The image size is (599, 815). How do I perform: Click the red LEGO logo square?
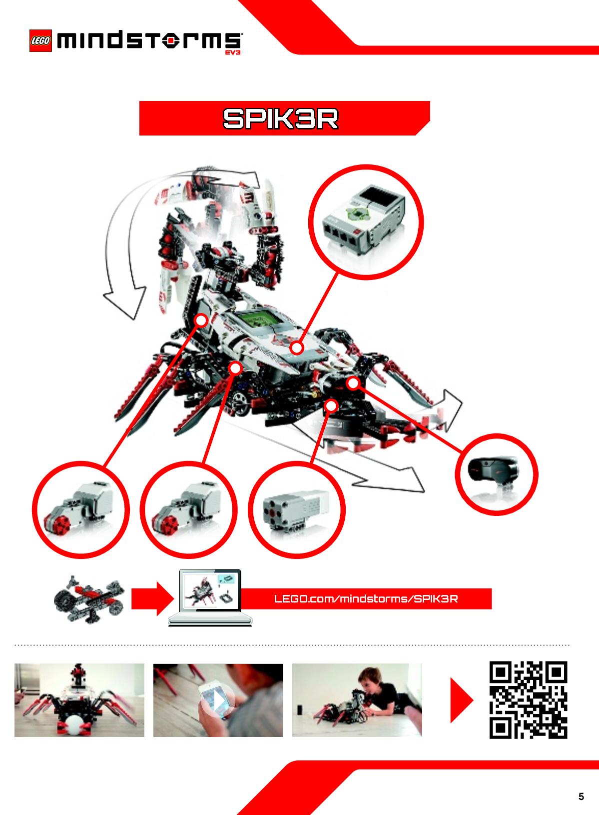tap(40, 40)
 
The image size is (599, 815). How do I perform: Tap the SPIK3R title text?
tap(280, 118)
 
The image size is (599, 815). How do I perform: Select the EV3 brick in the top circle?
tap(364, 219)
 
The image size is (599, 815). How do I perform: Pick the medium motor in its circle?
tap(296, 508)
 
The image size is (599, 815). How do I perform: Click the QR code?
tap(528, 700)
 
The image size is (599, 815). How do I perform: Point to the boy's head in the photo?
tap(370, 680)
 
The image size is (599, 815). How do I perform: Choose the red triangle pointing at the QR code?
tap(462, 700)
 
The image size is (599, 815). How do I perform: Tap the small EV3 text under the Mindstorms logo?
tap(233, 52)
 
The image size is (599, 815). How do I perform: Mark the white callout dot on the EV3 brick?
tap(297, 348)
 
